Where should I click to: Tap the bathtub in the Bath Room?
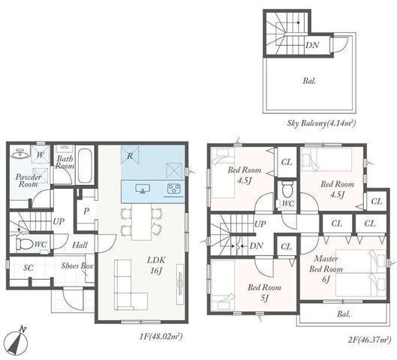click(85, 166)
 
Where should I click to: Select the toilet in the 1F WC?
click(25, 244)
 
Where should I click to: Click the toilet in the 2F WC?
click(287, 189)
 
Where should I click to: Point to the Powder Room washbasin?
click(20, 153)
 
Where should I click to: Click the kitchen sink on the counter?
click(143, 189)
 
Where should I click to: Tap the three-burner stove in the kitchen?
click(173, 189)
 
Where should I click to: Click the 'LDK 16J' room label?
click(156, 265)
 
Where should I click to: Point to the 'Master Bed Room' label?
click(326, 264)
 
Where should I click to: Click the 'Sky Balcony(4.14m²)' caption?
click(321, 123)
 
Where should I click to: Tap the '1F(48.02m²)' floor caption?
click(161, 337)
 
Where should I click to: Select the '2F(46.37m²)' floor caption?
click(369, 340)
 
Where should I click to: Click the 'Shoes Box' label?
click(77, 265)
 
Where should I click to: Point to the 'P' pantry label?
click(86, 211)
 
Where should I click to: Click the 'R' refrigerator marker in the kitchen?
click(130, 156)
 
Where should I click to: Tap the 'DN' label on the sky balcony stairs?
click(312, 45)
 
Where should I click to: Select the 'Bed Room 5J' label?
click(264, 293)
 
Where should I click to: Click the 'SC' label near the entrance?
click(29, 268)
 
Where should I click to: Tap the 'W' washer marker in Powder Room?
click(41, 154)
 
